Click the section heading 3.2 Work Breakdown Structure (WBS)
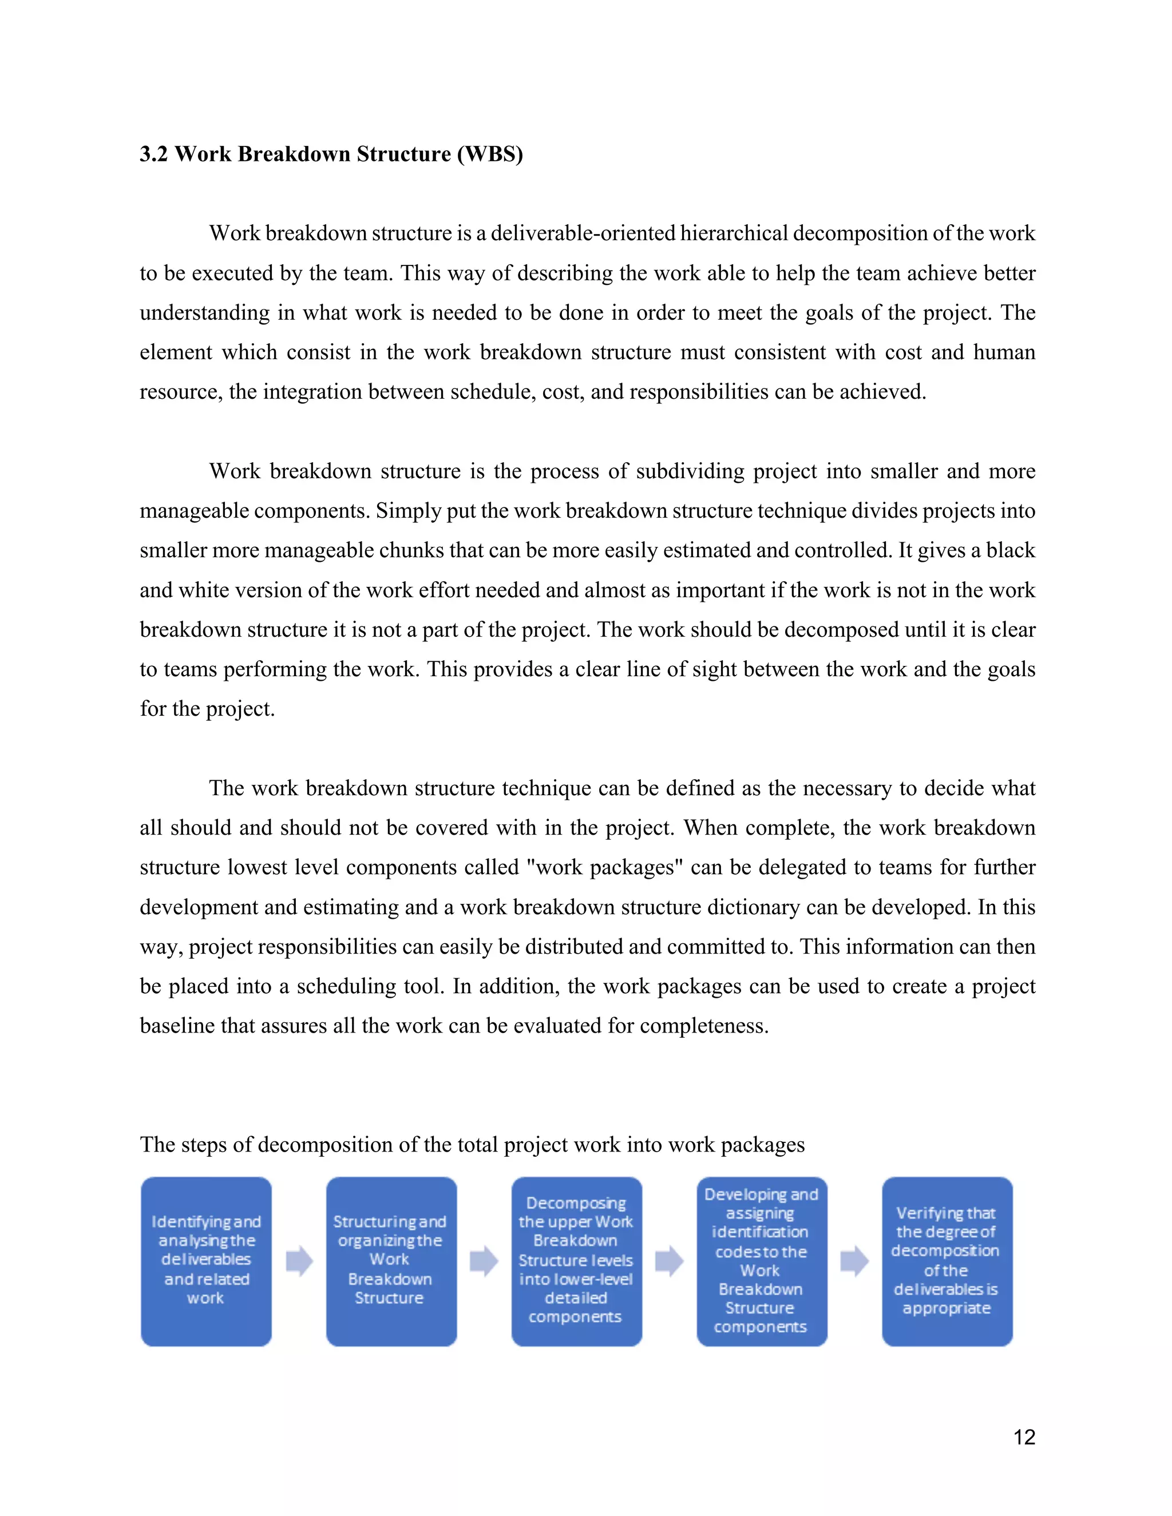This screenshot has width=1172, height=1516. coord(331,153)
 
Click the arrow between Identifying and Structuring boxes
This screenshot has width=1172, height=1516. coord(299,1261)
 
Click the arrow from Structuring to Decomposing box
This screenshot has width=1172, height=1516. coord(484,1261)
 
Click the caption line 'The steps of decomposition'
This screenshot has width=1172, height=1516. coord(472,1145)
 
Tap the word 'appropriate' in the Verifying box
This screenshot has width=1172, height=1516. coord(947,1308)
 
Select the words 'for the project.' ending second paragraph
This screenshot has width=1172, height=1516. coord(207,709)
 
